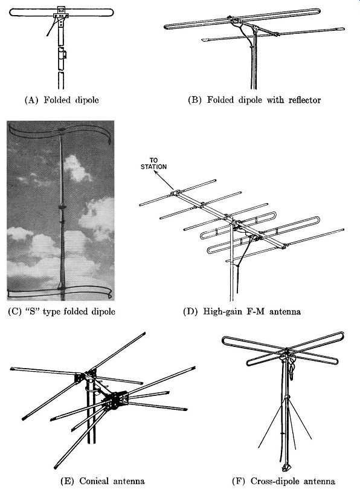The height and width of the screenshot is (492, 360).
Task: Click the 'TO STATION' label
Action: pos(153,163)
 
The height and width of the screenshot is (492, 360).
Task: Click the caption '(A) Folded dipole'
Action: pos(62,100)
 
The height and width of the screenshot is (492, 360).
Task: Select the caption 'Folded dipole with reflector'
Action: pos(264,100)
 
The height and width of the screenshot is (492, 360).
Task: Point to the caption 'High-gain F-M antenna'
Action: pos(252,311)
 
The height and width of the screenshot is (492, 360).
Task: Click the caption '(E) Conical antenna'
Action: pos(103,481)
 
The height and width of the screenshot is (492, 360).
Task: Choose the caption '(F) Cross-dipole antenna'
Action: pos(283,481)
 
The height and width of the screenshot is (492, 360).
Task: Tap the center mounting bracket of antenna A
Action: pos(61,15)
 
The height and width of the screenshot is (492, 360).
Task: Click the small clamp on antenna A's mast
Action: pos(64,54)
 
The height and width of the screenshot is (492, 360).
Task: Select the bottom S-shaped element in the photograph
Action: pos(60,293)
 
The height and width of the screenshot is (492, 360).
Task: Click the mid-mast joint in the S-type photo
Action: pos(62,207)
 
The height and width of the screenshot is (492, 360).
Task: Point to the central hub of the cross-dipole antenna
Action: pos(286,352)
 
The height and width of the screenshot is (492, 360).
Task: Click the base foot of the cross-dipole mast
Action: pos(287,468)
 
